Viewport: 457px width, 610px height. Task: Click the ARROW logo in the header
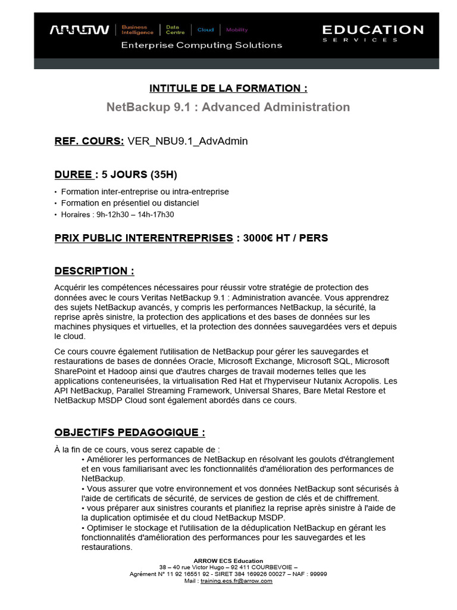[79, 30]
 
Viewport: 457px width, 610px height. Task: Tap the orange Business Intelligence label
[137, 29]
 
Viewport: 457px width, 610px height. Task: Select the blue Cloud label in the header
[205, 30]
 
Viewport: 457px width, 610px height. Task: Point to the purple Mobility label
[237, 30]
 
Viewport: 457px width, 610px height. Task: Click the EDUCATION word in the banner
[373, 29]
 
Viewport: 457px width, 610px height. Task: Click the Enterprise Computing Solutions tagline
[201, 45]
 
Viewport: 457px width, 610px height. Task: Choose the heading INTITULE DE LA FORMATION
[228, 88]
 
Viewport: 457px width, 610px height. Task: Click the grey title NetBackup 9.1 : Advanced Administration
[228, 107]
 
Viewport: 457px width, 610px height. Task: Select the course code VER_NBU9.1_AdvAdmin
[187, 141]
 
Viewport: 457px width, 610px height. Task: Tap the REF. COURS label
[89, 141]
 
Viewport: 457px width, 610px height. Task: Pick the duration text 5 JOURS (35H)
[139, 175]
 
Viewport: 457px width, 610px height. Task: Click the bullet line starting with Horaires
[117, 214]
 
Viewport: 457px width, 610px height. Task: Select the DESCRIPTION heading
[94, 271]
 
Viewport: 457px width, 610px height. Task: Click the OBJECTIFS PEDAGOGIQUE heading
[130, 432]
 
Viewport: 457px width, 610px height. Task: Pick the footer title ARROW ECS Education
[228, 561]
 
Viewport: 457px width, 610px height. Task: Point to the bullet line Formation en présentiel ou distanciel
[130, 203]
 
